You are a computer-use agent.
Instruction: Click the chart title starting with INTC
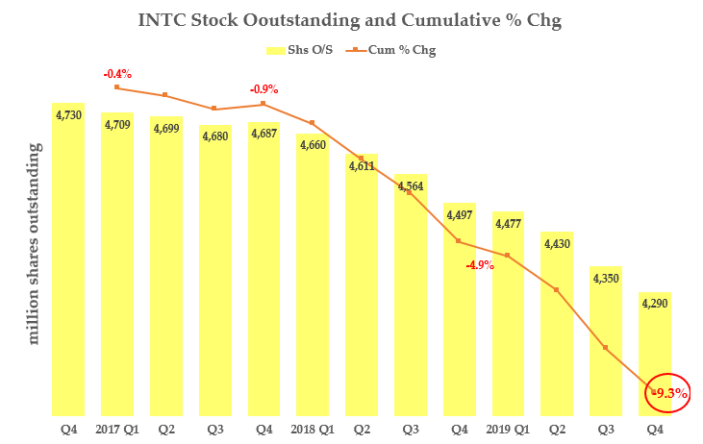pyautogui.click(x=350, y=18)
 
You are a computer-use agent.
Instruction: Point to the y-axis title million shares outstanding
pyautogui.click(x=35, y=244)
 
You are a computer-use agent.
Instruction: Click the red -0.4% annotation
pyautogui.click(x=117, y=73)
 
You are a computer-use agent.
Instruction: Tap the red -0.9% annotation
pyautogui.click(x=264, y=89)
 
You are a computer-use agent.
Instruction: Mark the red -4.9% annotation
pyautogui.click(x=480, y=265)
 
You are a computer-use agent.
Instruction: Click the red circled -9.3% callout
pyautogui.click(x=665, y=392)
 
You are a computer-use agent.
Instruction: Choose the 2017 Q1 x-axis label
pyautogui.click(x=117, y=429)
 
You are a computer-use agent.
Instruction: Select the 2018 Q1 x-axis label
pyautogui.click(x=313, y=429)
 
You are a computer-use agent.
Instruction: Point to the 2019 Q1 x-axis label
pyautogui.click(x=508, y=429)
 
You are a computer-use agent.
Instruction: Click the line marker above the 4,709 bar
pyautogui.click(x=116, y=87)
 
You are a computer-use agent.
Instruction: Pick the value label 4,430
pyautogui.click(x=557, y=245)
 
